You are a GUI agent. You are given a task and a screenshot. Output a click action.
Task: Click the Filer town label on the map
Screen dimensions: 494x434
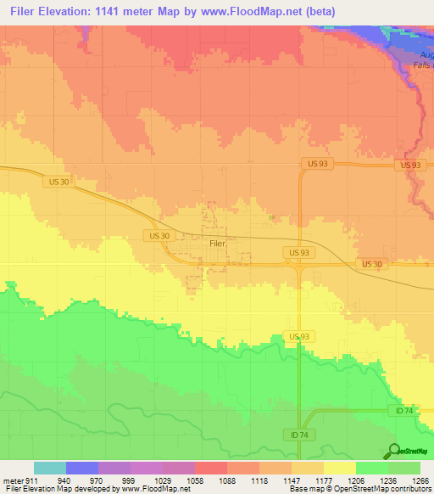pyautogui.click(x=218, y=243)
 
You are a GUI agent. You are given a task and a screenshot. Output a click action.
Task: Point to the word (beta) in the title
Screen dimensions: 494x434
pyautogui.click(x=316, y=12)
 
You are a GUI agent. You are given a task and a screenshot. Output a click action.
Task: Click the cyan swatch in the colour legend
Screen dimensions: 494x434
pyautogui.click(x=49, y=468)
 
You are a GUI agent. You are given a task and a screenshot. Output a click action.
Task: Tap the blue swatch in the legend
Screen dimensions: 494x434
pyautogui.click(x=81, y=468)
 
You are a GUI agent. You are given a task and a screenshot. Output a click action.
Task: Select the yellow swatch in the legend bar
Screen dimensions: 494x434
pyautogui.click(x=339, y=468)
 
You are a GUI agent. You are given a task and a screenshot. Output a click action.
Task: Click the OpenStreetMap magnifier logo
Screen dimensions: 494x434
pyautogui.click(x=394, y=452)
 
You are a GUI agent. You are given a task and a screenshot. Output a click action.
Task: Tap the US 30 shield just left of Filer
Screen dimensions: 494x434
pyautogui.click(x=159, y=235)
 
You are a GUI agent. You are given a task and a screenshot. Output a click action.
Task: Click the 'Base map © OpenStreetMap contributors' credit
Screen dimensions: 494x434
pyautogui.click(x=359, y=490)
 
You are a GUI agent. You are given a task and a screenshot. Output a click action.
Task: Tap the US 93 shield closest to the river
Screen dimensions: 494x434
pyautogui.click(x=410, y=165)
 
